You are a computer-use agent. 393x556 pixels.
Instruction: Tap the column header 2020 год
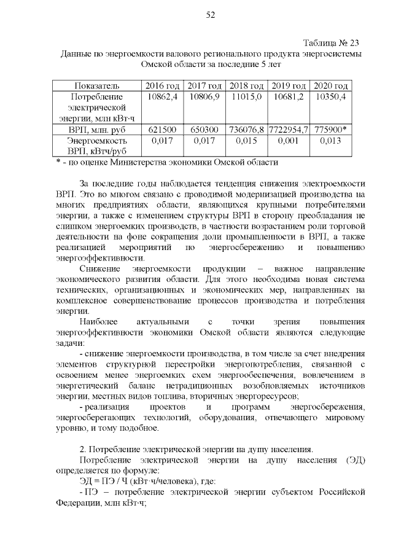coord(330,85)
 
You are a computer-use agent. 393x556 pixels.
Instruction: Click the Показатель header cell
coord(96,85)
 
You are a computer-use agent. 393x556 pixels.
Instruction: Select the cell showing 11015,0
coord(246,97)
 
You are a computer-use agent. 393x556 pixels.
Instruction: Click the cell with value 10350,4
coord(330,97)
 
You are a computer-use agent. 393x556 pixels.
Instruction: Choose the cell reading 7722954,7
coord(289,130)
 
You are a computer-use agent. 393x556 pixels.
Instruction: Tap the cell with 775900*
coord(330,130)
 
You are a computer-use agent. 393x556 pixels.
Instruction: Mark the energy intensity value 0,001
coord(289,141)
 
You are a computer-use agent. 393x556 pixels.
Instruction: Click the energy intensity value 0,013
coord(330,141)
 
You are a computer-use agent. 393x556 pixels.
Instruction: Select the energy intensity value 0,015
coord(246,141)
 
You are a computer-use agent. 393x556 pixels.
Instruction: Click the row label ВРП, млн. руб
coord(96,130)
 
